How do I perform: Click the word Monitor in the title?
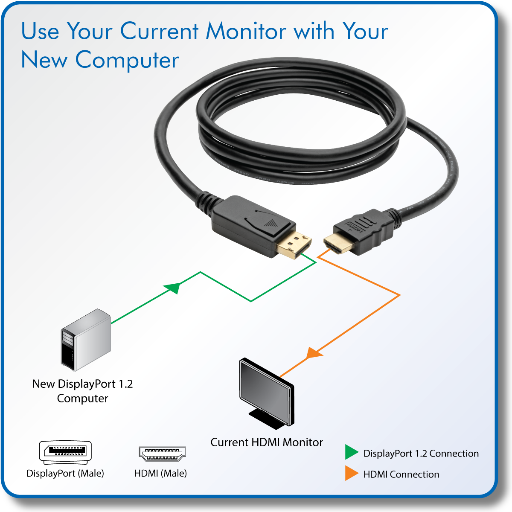(x=246, y=31)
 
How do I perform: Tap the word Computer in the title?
(x=127, y=60)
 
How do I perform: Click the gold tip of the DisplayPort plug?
(x=294, y=246)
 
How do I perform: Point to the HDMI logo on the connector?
(x=355, y=227)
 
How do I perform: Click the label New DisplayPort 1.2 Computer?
(x=83, y=391)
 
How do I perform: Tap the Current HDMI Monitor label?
(x=267, y=442)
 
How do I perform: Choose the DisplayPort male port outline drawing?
(x=65, y=452)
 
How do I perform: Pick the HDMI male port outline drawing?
(x=162, y=454)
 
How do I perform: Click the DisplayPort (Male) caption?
(x=65, y=473)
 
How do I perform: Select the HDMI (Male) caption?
(x=160, y=473)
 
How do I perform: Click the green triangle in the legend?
(x=351, y=452)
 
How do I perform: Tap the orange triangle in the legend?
(x=351, y=473)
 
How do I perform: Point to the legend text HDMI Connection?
(x=401, y=474)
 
